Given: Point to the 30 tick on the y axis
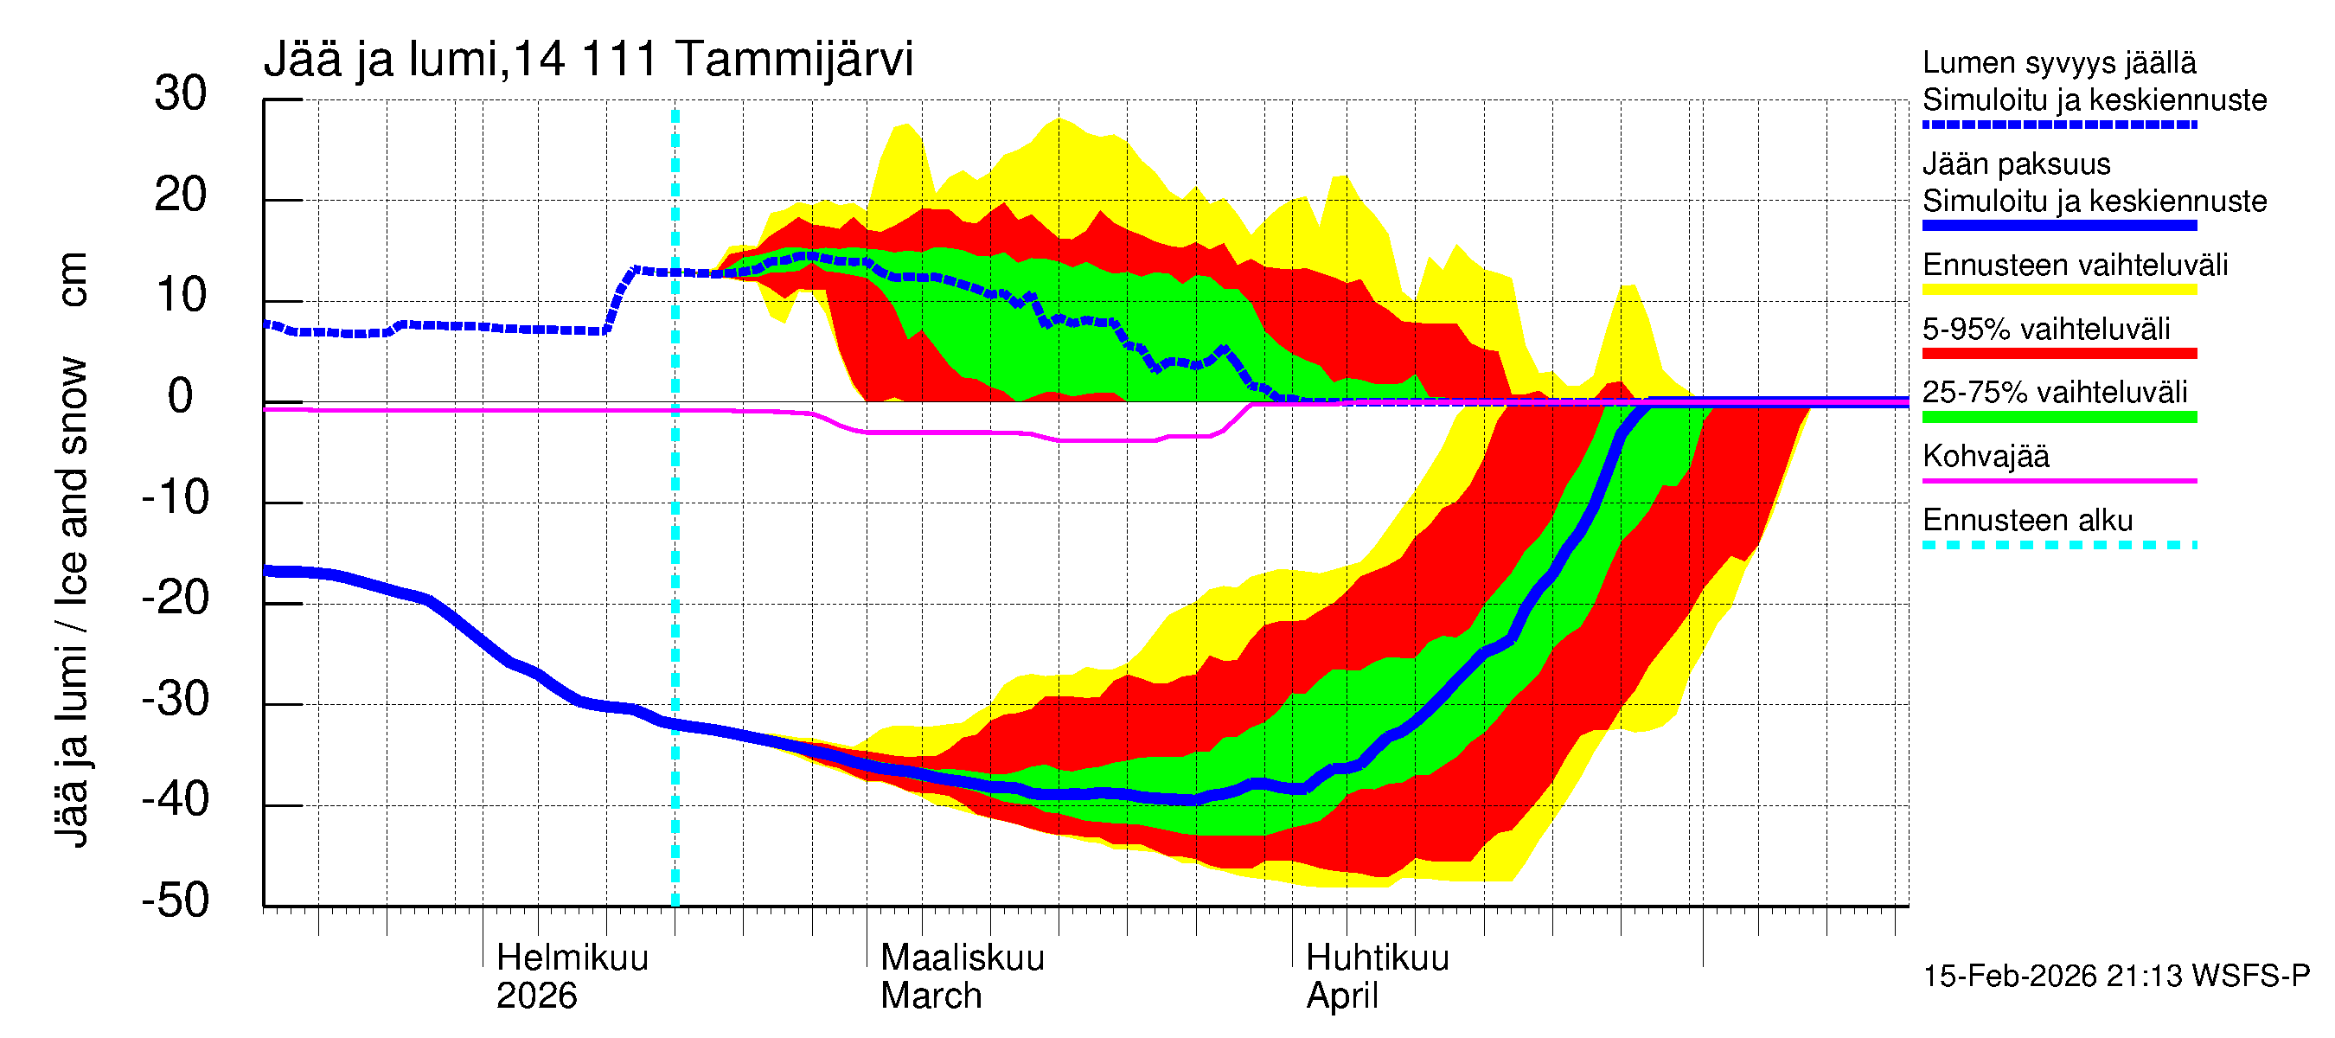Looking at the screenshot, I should coord(181,94).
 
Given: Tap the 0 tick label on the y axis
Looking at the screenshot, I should coord(181,397).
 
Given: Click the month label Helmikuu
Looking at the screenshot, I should coord(572,958).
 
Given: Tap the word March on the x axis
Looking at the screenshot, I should coord(931,996).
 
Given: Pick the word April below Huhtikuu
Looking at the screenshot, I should coord(1341,996).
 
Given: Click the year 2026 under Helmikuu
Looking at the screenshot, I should coord(535,996).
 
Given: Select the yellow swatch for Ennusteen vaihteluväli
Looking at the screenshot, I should coord(2058,290).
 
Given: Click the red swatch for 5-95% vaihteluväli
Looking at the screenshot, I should coord(2058,354).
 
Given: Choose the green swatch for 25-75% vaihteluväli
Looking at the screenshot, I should coord(2058,417).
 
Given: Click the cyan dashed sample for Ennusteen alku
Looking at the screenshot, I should coord(2058,545).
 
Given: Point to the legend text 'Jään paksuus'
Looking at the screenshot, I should coord(2016,164).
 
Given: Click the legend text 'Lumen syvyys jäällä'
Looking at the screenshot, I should coord(2058,63).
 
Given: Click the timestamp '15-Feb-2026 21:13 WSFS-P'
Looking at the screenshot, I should coord(2115,977).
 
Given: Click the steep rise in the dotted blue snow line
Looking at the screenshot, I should coord(620,295).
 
